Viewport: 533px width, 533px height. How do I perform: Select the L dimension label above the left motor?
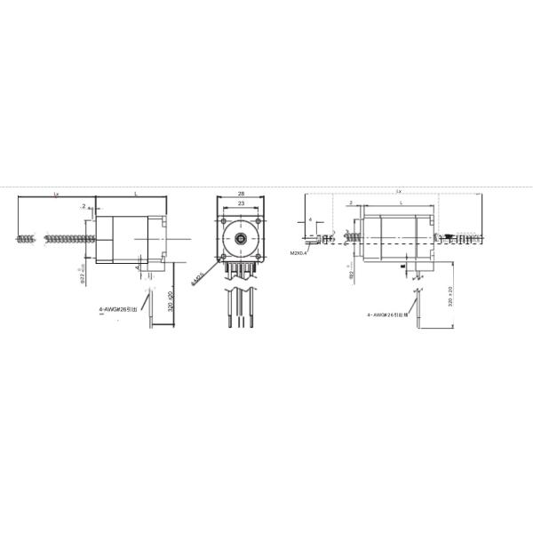pyautogui.click(x=135, y=193)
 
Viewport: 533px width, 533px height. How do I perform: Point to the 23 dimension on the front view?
pyautogui.click(x=241, y=203)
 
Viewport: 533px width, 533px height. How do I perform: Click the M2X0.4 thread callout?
pyautogui.click(x=298, y=253)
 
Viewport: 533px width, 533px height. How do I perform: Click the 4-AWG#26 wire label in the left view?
pyautogui.click(x=117, y=310)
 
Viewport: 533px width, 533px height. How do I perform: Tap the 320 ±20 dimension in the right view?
pyautogui.click(x=450, y=297)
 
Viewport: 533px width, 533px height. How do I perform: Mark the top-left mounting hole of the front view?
pyautogui.click(x=226, y=221)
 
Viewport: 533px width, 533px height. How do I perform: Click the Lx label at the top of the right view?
pyautogui.click(x=398, y=191)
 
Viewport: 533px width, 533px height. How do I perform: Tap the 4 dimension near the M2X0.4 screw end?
pyautogui.click(x=309, y=218)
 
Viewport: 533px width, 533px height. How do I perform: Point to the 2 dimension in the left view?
pyautogui.click(x=84, y=205)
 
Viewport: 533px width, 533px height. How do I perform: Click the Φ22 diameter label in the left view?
pyautogui.click(x=82, y=277)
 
